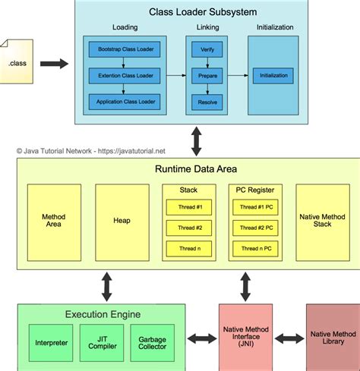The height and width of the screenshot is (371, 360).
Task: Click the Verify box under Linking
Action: pyautogui.click(x=207, y=49)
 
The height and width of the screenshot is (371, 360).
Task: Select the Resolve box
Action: pyautogui.click(x=207, y=100)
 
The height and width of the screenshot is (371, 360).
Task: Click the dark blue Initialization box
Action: pyautogui.click(x=273, y=75)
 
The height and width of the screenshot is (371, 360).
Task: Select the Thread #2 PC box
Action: pyautogui.click(x=255, y=228)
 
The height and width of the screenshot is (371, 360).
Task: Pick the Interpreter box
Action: pyautogui.click(x=51, y=343)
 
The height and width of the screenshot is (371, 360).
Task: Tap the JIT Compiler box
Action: pyautogui.click(x=101, y=343)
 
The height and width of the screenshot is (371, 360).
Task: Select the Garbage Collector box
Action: pyautogui.click(x=152, y=343)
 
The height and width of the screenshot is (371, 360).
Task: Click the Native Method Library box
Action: pyautogui.click(x=332, y=338)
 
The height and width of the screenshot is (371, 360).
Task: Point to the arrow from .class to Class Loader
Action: pyautogui.click(x=53, y=64)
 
